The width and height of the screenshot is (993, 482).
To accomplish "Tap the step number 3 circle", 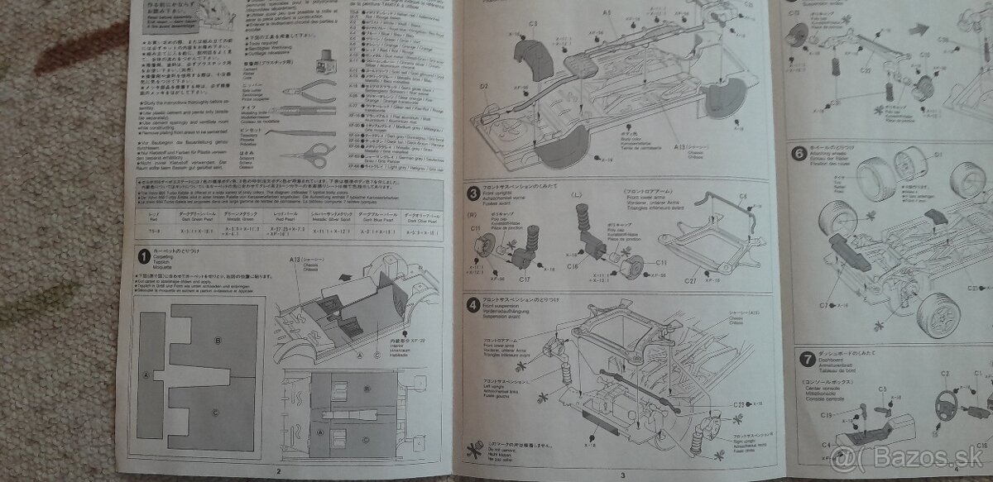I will (470, 195).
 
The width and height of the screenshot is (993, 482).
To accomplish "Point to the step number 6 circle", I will (798, 154).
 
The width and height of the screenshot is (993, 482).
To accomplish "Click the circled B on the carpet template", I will (218, 341).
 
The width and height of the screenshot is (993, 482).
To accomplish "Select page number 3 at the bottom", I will (621, 473).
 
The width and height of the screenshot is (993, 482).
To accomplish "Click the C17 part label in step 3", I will (524, 279).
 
